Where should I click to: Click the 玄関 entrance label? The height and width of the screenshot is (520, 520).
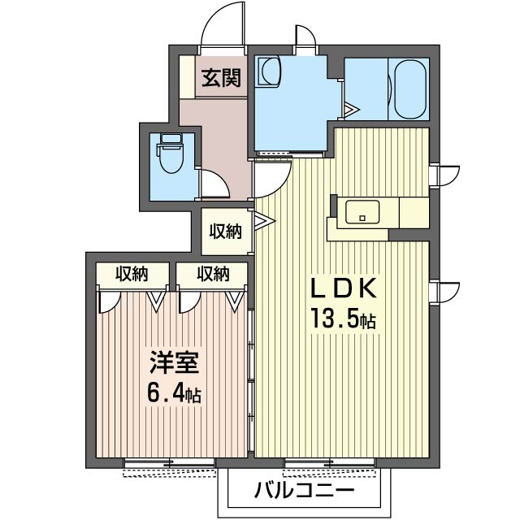220,78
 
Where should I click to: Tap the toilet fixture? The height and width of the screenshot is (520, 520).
171,154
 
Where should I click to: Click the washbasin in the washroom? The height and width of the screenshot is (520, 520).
269,74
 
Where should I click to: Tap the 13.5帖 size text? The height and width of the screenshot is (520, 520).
341,319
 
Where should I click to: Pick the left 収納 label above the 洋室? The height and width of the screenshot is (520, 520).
131,274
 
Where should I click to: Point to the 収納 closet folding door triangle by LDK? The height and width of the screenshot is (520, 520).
262,220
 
